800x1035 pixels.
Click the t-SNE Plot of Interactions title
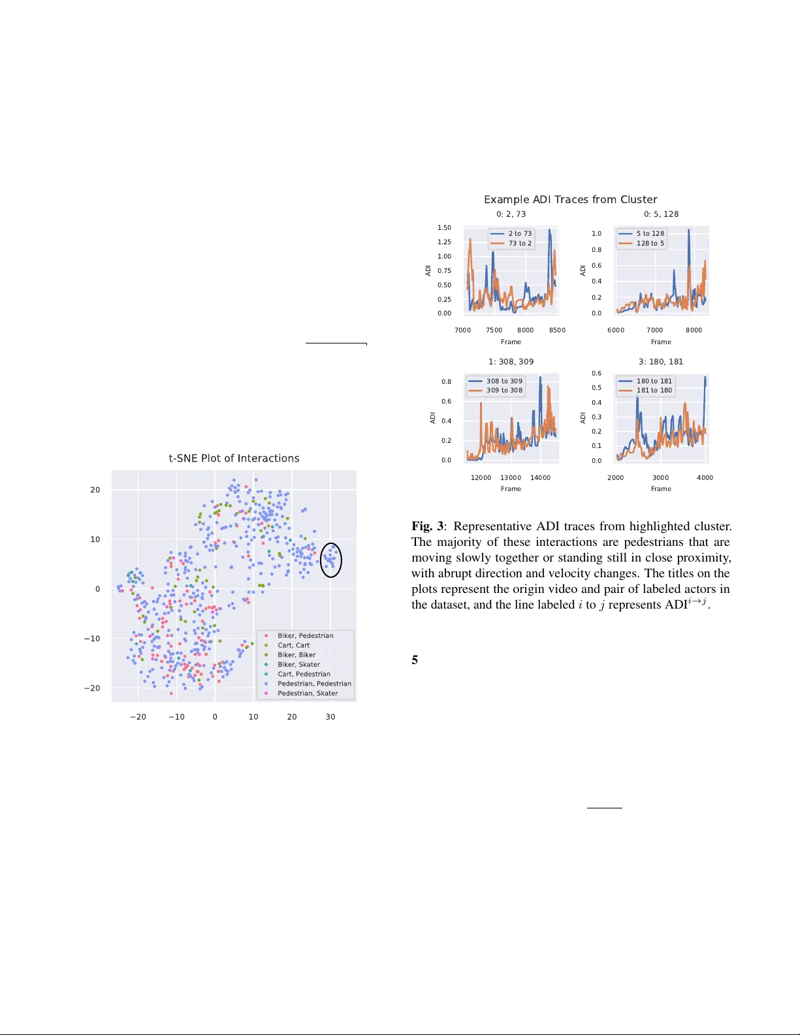tap(234, 458)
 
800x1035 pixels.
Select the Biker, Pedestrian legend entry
tap(305, 635)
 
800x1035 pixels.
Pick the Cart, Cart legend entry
tap(293, 645)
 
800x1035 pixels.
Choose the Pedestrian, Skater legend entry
tap(307, 693)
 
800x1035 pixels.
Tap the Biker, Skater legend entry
tap(298, 664)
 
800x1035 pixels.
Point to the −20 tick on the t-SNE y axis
tap(92, 688)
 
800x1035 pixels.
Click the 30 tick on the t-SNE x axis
tap(330, 717)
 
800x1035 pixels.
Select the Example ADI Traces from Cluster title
tap(570, 200)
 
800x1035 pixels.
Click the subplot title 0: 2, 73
tap(511, 214)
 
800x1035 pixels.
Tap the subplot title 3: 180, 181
tap(661, 362)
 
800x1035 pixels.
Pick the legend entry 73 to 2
tap(520, 244)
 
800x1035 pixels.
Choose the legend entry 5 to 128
tap(650, 234)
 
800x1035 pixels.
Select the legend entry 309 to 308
tap(504, 390)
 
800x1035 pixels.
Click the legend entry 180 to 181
tap(654, 381)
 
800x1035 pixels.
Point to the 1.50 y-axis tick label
tap(444, 228)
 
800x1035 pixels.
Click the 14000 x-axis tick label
tap(540, 478)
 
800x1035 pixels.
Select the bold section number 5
tap(415, 660)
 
